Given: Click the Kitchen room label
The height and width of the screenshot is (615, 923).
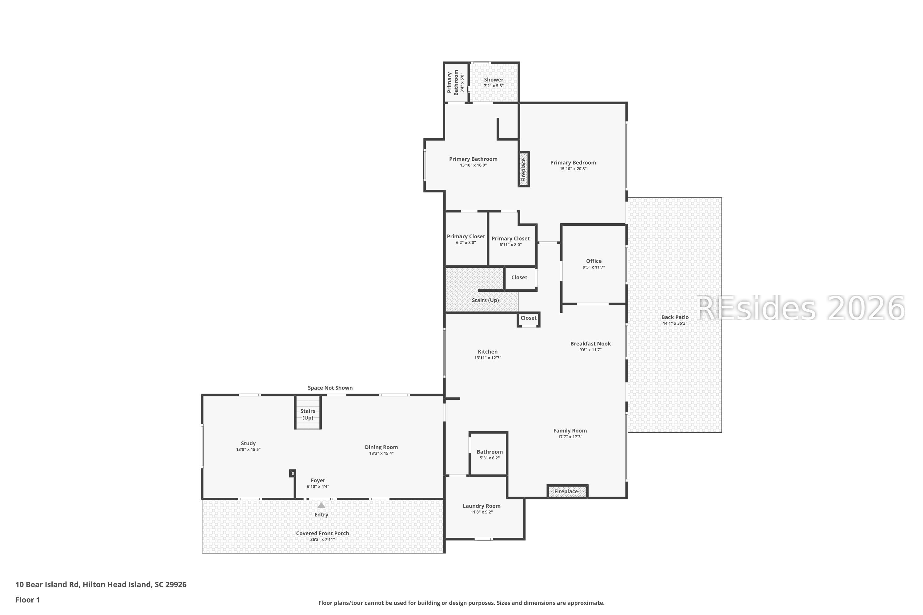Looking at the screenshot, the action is click(487, 352).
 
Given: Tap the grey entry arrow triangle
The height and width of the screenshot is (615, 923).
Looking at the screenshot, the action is click(321, 505).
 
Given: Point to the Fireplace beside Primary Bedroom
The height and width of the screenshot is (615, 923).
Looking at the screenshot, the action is click(524, 169).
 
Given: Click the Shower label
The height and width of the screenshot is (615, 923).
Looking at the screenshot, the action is click(493, 80).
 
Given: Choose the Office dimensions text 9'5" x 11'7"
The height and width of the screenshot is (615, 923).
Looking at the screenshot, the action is click(594, 267).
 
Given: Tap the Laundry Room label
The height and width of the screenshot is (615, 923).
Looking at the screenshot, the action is click(481, 506).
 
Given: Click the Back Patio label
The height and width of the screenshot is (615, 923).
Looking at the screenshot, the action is click(675, 317).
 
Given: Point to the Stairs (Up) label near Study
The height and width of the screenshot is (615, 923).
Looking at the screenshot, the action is click(308, 414).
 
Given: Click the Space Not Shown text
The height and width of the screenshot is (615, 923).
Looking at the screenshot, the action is click(330, 388).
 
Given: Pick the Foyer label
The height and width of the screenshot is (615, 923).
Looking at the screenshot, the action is click(318, 480).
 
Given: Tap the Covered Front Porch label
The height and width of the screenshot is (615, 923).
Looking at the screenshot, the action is click(322, 534).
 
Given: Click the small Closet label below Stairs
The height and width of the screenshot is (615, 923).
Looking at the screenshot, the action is click(528, 318).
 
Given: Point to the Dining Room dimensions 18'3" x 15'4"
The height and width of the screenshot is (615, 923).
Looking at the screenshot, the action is click(381, 453).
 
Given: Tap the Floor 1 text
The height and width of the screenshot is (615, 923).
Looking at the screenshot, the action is click(28, 600).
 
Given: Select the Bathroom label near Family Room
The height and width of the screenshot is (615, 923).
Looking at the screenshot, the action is click(489, 452).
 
